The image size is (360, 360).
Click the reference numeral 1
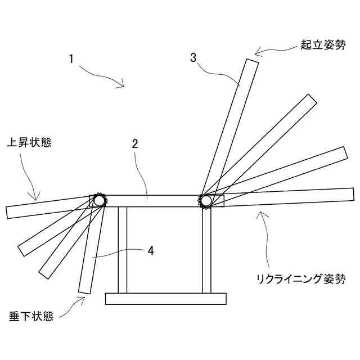pyautogui.click(x=71, y=58)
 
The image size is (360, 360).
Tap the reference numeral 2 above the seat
pyautogui.click(x=135, y=143)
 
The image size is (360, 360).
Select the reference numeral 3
pyautogui.click(x=193, y=57)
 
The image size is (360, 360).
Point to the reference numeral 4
pyautogui.click(x=150, y=251)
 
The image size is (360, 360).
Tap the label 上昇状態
pyautogui.click(x=29, y=142)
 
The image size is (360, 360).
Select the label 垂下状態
pyautogui.click(x=31, y=316)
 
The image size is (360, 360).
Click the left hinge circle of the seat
pyautogui.click(x=100, y=200)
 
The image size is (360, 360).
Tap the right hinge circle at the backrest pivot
pyautogui.click(x=206, y=200)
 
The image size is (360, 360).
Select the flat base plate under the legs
pyautogui.click(x=166, y=299)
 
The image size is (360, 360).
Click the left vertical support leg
pyautogui.click(x=122, y=250)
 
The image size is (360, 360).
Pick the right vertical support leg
pyautogui.click(x=206, y=251)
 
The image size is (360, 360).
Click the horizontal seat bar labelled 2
pyautogui.click(x=152, y=201)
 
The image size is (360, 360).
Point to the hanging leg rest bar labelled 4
pyautogui.click(x=90, y=253)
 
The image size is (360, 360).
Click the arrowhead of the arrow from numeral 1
pyautogui.click(x=121, y=86)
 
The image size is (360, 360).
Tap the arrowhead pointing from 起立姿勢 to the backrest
pyautogui.click(x=256, y=54)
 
